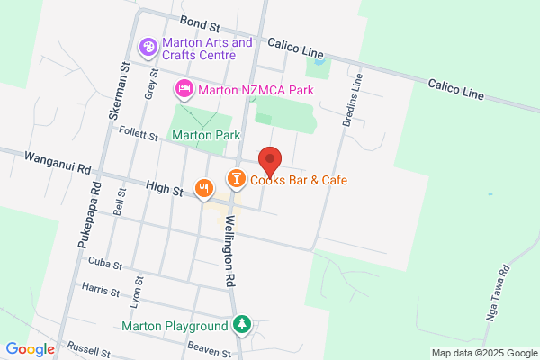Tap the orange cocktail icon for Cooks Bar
(x=237, y=179)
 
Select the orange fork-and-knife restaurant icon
(x=205, y=188)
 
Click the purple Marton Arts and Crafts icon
(x=148, y=46)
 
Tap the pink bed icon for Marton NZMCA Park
(x=184, y=89)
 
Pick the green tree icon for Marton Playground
(x=241, y=325)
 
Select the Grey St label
(x=149, y=86)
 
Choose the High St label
(x=164, y=189)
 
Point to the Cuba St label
(x=104, y=261)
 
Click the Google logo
(x=30, y=348)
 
